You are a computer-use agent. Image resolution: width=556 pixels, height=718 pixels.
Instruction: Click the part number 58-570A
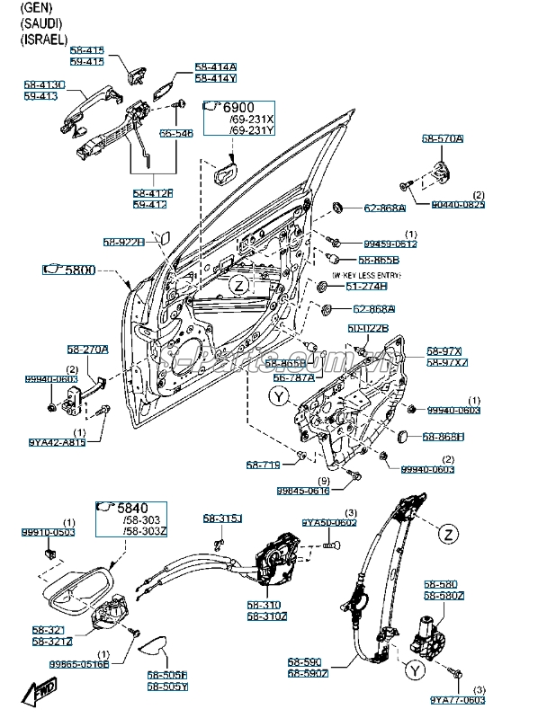pos(443,139)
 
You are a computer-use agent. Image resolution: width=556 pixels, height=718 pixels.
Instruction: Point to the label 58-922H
pos(123,242)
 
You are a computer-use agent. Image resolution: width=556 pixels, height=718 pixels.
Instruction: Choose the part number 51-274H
pos(365,286)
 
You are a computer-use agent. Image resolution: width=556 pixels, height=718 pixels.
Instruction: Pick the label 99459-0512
pos(390,244)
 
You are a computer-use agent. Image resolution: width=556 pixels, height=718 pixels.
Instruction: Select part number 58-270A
pos(87,350)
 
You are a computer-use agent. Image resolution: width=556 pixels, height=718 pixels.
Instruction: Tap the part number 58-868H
pos(444,437)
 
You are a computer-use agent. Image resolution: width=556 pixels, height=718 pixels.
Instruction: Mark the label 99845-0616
pos(304,491)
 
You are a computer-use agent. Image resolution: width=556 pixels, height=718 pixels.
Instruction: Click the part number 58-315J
pos(222,519)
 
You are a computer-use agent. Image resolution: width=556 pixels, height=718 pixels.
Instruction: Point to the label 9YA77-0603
pos(457,699)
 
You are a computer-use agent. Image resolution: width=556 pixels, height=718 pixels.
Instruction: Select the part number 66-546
pos(176,133)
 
